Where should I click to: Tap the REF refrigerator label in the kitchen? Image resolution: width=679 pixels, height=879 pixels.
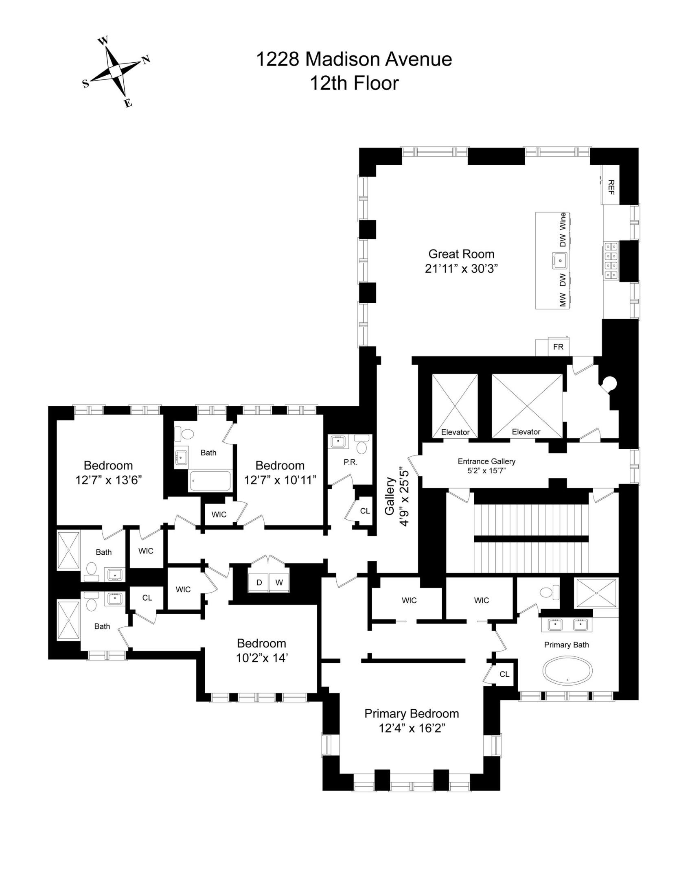click(x=611, y=187)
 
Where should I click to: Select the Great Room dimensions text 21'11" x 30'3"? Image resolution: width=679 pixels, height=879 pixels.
click(x=461, y=269)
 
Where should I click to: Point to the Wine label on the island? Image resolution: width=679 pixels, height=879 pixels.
click(x=563, y=221)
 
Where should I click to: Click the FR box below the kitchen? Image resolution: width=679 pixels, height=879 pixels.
click(x=558, y=347)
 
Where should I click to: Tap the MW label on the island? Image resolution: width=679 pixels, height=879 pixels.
click(x=563, y=300)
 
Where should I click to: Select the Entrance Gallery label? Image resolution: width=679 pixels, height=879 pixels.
click(x=486, y=461)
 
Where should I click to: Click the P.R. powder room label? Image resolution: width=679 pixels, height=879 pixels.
click(x=350, y=462)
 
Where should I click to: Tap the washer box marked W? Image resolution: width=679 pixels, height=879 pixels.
click(x=279, y=582)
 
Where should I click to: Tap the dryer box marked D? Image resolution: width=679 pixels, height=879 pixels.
click(x=259, y=582)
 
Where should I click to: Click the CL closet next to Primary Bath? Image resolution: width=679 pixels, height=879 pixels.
click(x=504, y=674)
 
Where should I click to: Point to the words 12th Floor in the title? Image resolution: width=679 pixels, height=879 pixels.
click(x=354, y=83)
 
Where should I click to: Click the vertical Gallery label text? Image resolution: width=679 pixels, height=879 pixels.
click(x=390, y=496)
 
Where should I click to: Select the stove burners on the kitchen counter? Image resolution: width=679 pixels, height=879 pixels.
click(x=611, y=261)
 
